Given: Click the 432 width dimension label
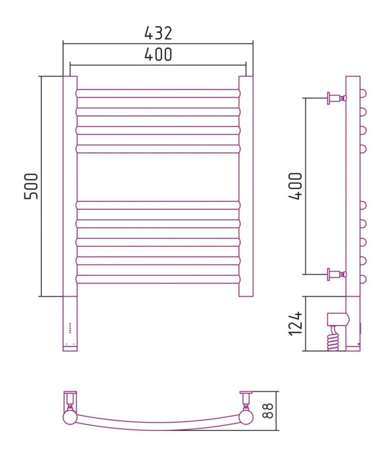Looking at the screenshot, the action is pyautogui.click(x=158, y=33).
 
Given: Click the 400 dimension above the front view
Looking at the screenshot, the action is pyautogui.click(x=158, y=54).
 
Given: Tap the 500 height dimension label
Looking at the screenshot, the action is pyautogui.click(x=31, y=186).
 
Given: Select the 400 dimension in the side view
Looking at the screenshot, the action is pyautogui.click(x=296, y=186).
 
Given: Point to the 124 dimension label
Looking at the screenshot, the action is pyautogui.click(x=296, y=324).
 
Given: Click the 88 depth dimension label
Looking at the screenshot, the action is pyautogui.click(x=268, y=411).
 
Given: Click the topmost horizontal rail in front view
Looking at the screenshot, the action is pyautogui.click(x=158, y=93).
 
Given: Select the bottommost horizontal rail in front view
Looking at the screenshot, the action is pyautogui.click(x=158, y=279).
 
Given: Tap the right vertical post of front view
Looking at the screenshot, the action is pyautogui.click(x=246, y=186).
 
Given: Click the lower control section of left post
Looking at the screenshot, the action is pyautogui.click(x=70, y=324).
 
